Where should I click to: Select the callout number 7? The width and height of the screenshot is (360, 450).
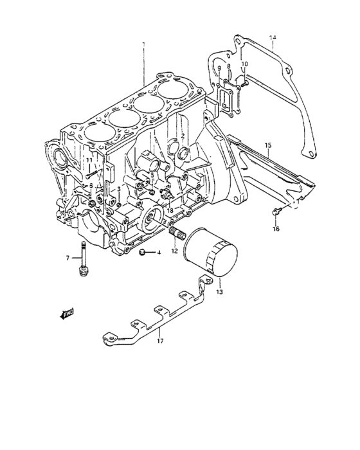(x=67, y=258)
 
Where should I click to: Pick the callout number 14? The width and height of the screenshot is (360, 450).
(x=273, y=38)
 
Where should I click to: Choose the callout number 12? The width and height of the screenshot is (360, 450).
(x=174, y=251)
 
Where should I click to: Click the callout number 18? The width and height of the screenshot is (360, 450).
(x=170, y=210)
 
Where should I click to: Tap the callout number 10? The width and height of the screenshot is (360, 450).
(x=244, y=64)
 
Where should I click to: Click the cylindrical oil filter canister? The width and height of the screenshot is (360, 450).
(x=210, y=256)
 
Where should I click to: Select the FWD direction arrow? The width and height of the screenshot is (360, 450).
(x=66, y=313)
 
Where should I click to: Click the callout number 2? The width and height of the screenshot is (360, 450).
(x=183, y=136)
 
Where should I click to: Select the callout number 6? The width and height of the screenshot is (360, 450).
(x=91, y=185)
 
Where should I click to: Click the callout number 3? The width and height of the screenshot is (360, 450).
(x=118, y=189)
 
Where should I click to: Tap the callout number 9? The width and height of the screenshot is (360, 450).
(x=219, y=68)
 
